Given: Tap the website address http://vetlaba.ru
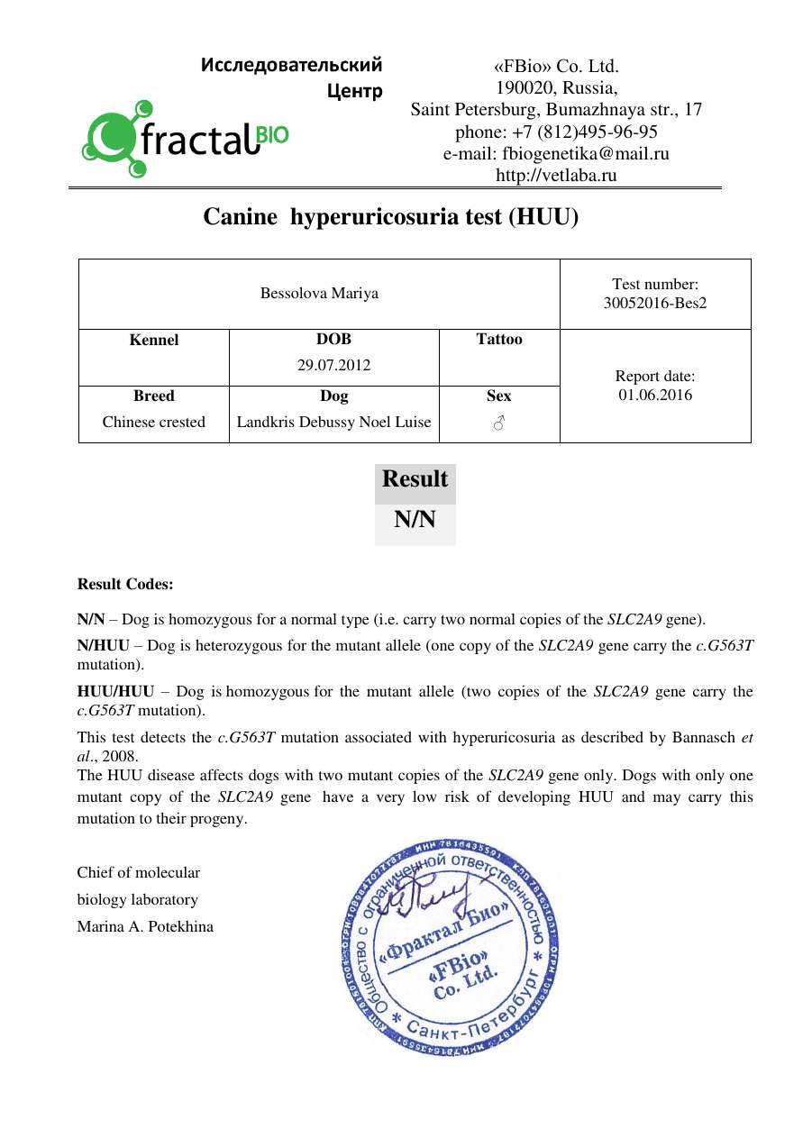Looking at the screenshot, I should [556, 176].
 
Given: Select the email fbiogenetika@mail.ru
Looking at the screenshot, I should [556, 154].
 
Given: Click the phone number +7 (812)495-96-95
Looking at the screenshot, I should [556, 132].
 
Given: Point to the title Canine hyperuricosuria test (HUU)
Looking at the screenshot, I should [390, 217].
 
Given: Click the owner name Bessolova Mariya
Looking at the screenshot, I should [319, 294].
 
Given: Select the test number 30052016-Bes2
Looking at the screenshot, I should [655, 303].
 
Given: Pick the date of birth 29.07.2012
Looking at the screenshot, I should [333, 366].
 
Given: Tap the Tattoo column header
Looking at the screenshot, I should [498, 340].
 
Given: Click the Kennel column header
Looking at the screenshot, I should [154, 340].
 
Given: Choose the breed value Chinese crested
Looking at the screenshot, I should [154, 422].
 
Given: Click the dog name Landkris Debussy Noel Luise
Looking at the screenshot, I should [333, 422].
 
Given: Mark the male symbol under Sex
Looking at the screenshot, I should [498, 423].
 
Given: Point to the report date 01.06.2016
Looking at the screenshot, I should [655, 395].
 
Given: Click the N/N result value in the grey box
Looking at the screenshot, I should [415, 520].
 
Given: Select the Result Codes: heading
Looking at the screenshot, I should [125, 584].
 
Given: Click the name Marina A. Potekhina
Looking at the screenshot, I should [145, 926].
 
